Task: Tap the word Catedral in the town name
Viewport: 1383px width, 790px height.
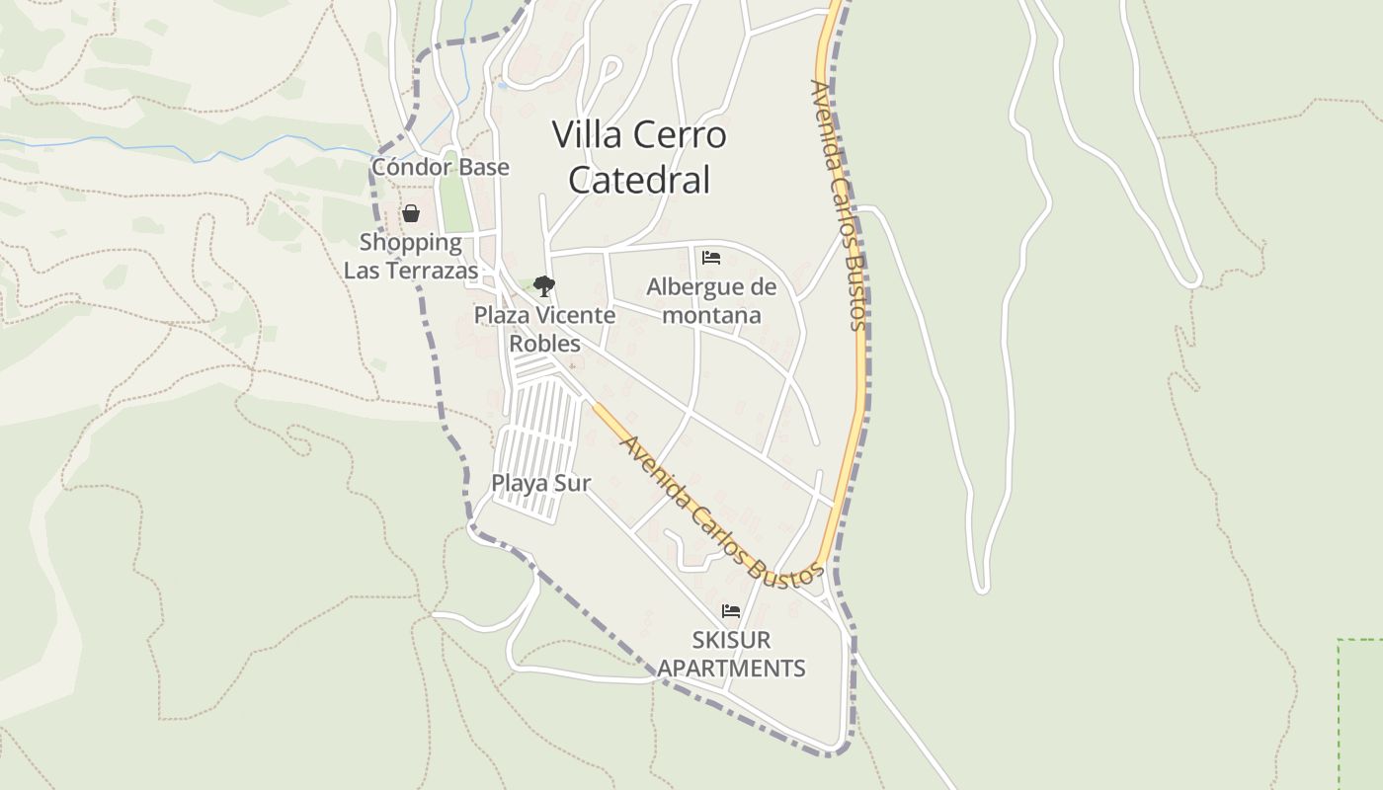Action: point(639,180)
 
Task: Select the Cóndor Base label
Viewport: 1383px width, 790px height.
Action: point(441,167)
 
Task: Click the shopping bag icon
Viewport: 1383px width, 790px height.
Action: point(410,213)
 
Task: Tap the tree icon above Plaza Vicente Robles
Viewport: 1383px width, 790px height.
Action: point(543,286)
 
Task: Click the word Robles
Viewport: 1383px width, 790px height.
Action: point(544,344)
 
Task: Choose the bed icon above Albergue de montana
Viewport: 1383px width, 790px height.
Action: point(710,258)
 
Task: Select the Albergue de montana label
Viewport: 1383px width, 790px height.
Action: point(711,301)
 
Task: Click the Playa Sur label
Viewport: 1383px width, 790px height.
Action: point(540,483)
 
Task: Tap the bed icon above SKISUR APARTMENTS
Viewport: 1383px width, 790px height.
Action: point(731,610)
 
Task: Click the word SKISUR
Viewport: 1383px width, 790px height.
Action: point(731,639)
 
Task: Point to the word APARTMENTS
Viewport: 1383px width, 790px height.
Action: point(731,669)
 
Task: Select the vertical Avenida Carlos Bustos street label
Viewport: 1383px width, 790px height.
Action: point(838,204)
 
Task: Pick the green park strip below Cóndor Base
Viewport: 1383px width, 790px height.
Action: point(453,202)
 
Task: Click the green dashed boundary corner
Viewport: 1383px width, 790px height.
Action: point(1340,642)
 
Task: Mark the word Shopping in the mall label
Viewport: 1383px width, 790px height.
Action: point(410,242)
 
